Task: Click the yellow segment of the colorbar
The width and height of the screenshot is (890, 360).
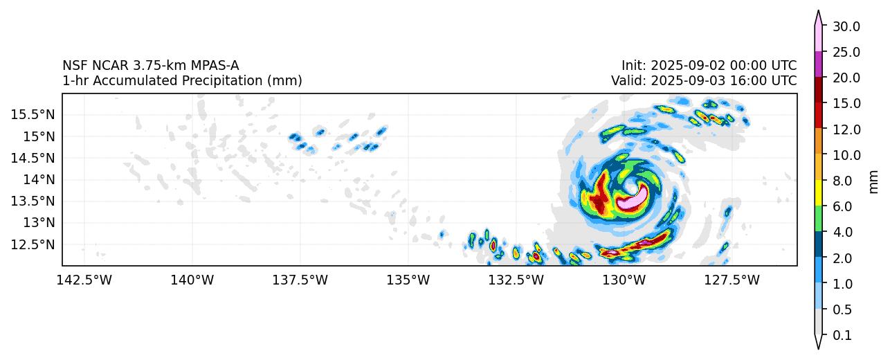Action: click(818, 193)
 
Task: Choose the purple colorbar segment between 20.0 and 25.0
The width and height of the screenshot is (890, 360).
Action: click(818, 64)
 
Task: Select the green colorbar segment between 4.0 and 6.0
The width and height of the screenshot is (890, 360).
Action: click(818, 219)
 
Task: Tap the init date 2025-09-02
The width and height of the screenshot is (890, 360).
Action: click(686, 66)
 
